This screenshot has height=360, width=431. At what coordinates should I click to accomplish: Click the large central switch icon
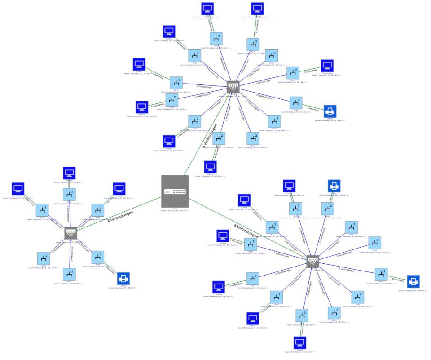(175, 192)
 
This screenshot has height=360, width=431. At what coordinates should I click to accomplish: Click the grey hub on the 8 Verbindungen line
(233, 87)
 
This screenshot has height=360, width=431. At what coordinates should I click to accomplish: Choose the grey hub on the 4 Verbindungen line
(71, 233)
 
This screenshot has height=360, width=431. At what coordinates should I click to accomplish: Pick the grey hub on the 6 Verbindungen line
(312, 261)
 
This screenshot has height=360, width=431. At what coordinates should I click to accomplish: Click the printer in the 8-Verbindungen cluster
(330, 111)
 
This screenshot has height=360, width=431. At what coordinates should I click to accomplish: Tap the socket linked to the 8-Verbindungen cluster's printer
(295, 102)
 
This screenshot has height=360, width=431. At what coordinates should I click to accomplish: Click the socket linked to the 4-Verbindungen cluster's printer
(98, 258)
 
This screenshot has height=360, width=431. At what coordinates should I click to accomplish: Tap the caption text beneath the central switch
(175, 210)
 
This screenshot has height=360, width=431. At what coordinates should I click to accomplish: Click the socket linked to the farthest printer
(381, 274)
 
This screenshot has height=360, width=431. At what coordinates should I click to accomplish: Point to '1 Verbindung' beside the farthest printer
(397, 279)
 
